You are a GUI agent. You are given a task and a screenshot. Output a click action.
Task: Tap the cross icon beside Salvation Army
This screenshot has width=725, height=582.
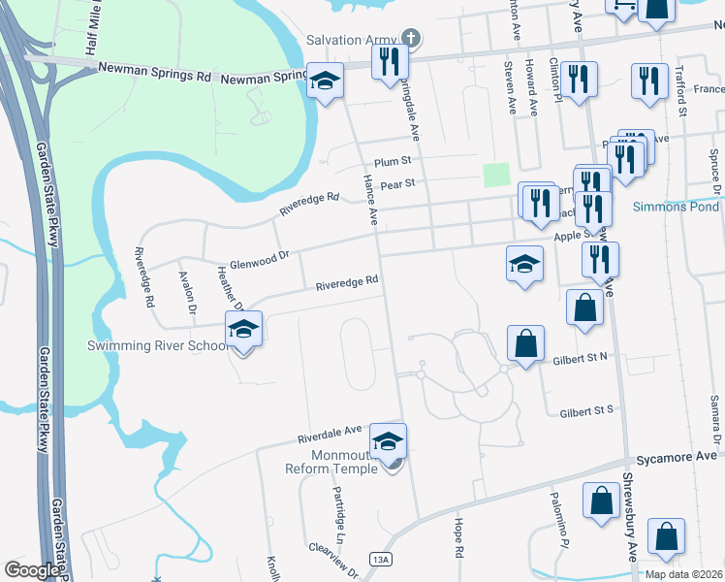point(411,39)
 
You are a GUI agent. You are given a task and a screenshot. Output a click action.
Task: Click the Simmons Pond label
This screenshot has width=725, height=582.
point(676,207)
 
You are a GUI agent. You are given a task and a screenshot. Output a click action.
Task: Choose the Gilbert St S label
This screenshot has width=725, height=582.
point(586,412)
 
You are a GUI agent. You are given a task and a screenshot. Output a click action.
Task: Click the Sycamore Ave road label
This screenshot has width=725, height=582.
point(677,456)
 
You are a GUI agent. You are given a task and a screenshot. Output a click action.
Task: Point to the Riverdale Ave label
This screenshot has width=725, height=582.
point(334,431)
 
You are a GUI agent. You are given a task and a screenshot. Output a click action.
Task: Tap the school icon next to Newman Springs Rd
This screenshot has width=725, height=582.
point(325,81)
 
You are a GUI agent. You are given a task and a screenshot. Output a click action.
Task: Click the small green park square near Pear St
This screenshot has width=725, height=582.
point(495,175)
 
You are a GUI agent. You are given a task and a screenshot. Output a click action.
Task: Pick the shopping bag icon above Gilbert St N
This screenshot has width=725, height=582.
point(525,343)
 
